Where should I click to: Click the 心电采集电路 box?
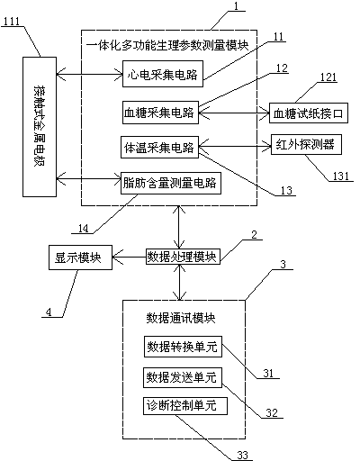(x=163, y=74)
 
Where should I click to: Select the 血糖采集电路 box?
(x=160, y=113)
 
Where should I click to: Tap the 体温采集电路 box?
(x=159, y=147)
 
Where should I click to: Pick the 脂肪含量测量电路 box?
(x=171, y=183)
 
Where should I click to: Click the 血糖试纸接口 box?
(x=309, y=113)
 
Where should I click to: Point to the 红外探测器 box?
(x=306, y=144)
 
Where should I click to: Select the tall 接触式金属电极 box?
(x=40, y=127)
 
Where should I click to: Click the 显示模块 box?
(x=80, y=258)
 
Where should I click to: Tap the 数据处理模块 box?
(x=183, y=257)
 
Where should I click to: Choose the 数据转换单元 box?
(x=183, y=347)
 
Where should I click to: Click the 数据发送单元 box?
(x=183, y=377)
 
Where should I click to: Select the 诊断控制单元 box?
(x=185, y=406)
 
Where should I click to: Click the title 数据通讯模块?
(x=181, y=318)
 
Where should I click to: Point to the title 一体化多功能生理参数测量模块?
(x=167, y=46)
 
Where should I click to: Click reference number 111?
(x=11, y=22)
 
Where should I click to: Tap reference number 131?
(x=341, y=176)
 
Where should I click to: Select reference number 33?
(x=242, y=455)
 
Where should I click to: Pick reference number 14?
(x=83, y=229)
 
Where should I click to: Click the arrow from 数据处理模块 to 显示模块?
(x=129, y=257)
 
